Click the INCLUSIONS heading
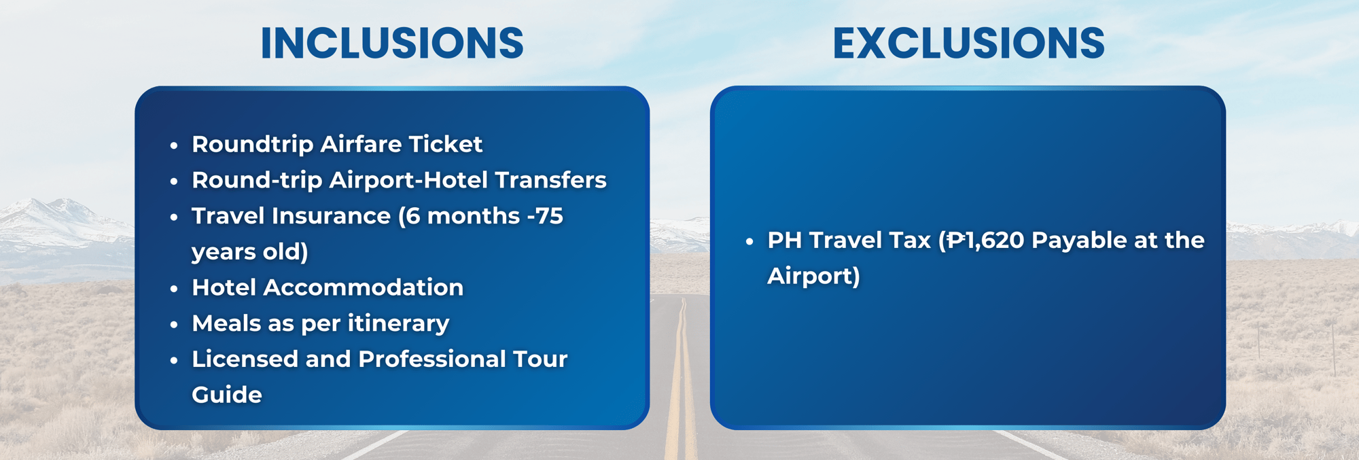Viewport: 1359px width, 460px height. coord(392,43)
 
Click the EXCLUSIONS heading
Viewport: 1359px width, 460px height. coord(968,43)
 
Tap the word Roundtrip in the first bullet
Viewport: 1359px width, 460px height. coord(252,145)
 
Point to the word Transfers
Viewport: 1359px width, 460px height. coord(550,180)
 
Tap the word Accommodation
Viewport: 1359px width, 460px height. coord(364,287)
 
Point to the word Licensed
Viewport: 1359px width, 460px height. coord(245,359)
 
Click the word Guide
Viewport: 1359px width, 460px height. coord(227,395)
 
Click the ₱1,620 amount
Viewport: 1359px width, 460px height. coord(986,241)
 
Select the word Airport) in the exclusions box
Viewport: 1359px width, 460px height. coord(814,277)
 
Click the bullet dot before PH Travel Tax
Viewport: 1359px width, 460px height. coord(749,241)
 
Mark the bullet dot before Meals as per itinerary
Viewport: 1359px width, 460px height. coord(174,325)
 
